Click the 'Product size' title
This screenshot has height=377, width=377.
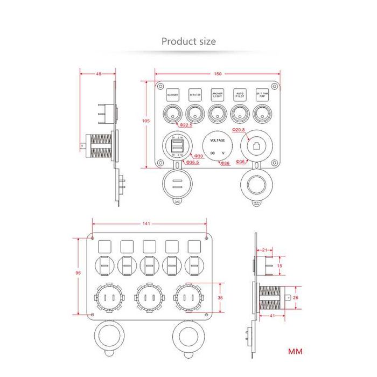click(188, 41)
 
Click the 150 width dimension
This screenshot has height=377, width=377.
click(218, 74)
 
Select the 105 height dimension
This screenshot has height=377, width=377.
click(146, 121)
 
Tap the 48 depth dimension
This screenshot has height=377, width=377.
click(99, 74)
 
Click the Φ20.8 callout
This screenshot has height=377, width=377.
click(239, 130)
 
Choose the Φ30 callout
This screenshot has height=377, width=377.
click(198, 156)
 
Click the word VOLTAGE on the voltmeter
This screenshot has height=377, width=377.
click(218, 140)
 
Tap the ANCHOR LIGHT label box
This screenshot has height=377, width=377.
click(217, 94)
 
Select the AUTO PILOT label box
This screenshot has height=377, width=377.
click(240, 94)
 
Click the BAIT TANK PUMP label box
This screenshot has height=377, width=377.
click(262, 94)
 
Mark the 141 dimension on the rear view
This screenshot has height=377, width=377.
click(146, 223)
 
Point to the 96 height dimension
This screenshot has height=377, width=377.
click(79, 273)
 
